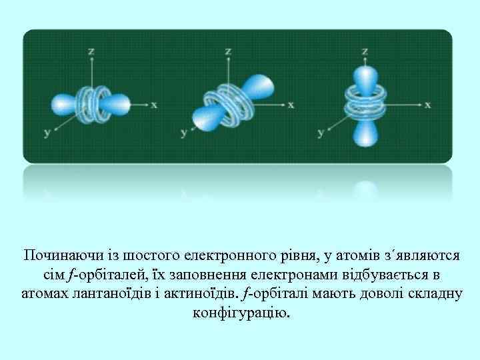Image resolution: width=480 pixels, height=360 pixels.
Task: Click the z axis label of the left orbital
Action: click(x=91, y=51)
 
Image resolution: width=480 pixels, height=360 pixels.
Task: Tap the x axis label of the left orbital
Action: click(x=154, y=105)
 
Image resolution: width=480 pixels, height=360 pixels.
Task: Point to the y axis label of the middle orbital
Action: click(x=184, y=133)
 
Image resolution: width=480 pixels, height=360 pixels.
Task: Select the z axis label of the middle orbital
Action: click(x=229, y=51)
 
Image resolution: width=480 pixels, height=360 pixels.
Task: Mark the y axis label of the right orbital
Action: click(x=321, y=133)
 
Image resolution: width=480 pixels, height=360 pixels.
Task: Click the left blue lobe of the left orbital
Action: click(x=65, y=104)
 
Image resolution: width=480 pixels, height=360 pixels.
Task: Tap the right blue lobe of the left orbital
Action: click(x=119, y=104)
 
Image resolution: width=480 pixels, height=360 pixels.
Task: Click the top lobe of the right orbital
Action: click(x=365, y=79)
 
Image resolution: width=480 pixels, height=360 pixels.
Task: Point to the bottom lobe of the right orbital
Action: click(x=365, y=133)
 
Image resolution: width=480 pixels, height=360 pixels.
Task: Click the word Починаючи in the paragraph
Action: click(x=55, y=256)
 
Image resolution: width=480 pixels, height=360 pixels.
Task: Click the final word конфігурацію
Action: click(x=241, y=312)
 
